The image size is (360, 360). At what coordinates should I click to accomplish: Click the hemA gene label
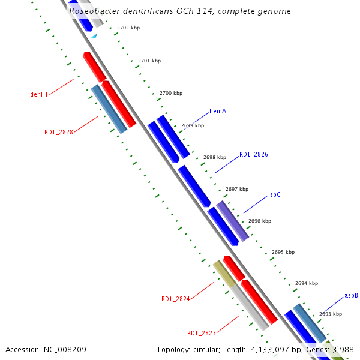218,112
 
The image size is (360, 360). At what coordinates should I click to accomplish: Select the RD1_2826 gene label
253,155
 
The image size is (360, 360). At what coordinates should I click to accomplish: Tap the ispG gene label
274,195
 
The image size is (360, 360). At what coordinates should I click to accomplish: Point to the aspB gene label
351,296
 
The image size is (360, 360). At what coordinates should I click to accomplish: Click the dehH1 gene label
39,95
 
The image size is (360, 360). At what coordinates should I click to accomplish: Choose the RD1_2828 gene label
59,132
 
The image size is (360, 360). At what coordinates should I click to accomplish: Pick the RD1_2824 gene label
175,299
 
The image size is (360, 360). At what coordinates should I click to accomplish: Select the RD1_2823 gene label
202,334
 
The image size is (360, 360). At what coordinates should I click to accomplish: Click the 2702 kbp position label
128,28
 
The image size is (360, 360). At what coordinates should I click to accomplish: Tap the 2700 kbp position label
171,94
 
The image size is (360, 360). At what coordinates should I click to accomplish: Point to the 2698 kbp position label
214,157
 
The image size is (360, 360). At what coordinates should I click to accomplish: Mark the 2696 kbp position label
259,221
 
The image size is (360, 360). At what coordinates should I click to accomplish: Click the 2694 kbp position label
307,283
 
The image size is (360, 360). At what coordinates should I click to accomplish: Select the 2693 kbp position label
331,314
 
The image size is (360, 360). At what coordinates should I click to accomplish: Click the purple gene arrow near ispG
233,221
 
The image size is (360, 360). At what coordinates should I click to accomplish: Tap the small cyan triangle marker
94,36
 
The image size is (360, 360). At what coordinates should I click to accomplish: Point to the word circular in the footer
208,349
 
